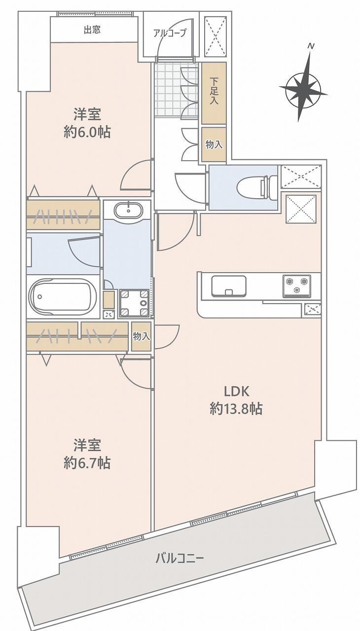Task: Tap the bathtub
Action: tap(63, 297)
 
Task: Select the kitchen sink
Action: tap(229, 285)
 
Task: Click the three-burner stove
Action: tap(296, 286)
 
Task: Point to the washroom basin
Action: tap(128, 210)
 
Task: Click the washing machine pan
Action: tap(134, 303)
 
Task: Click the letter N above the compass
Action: tap(311, 46)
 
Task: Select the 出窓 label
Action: tap(92, 30)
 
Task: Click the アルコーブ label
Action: tap(170, 33)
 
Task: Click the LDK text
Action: tap(236, 391)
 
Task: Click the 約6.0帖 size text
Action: tap(87, 132)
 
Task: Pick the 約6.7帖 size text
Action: tap(87, 463)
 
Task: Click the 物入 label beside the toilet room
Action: tap(214, 145)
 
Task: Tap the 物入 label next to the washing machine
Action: tap(142, 336)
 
